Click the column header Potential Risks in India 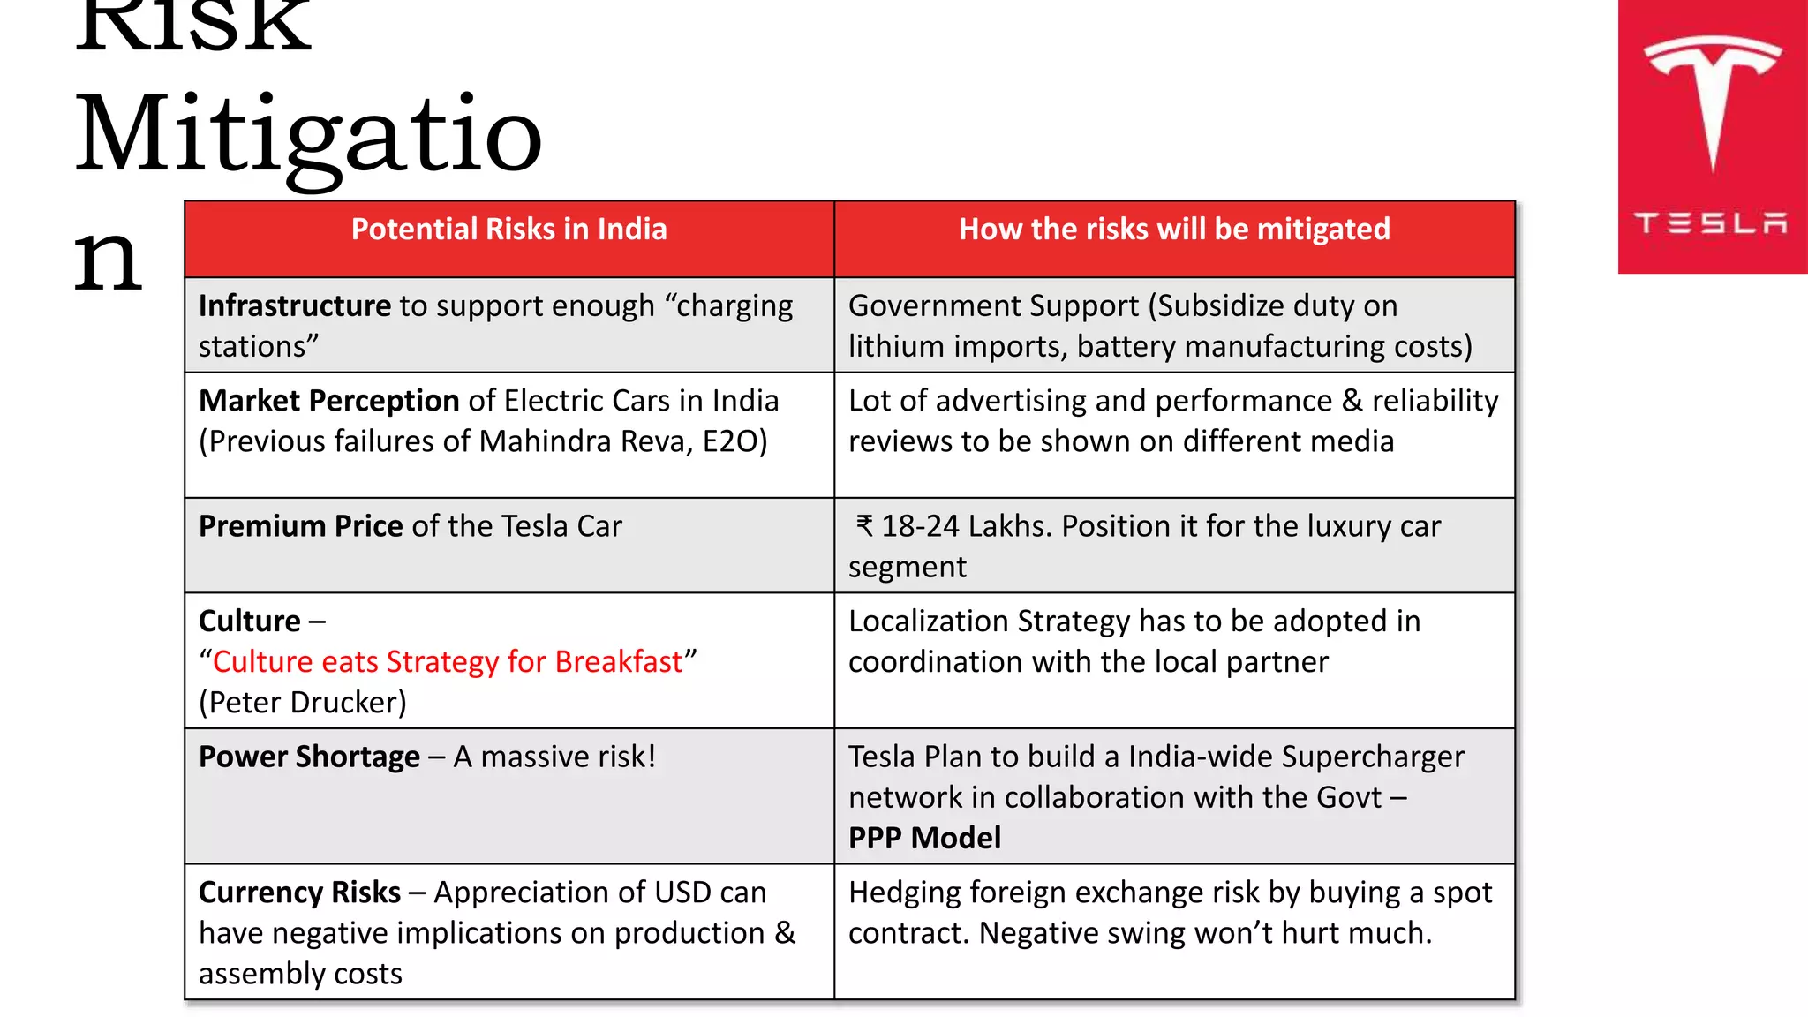tap(508, 230)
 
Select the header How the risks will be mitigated tap(1174, 230)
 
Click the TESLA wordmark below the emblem tap(1711, 222)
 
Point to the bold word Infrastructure tap(294, 306)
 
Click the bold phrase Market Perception tap(328, 401)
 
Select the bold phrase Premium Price tap(300, 526)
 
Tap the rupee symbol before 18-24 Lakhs tap(864, 526)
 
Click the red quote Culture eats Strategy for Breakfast tap(448, 662)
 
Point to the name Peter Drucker tap(303, 703)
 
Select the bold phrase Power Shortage tap(309, 757)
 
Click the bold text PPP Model tap(924, 839)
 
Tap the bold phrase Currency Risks tap(299, 893)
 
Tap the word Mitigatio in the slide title tap(307, 134)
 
